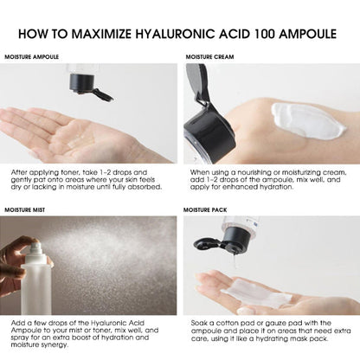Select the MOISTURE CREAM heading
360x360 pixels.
[212, 57]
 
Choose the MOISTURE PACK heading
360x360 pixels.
[210, 209]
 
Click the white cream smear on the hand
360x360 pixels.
[307, 120]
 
